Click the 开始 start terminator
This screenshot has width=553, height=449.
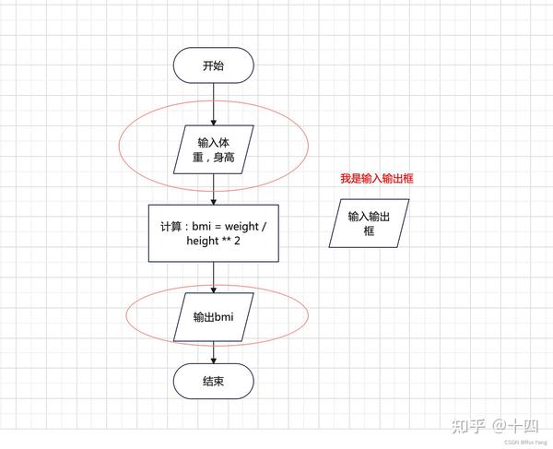pos(214,65)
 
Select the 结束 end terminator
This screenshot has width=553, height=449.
pos(214,382)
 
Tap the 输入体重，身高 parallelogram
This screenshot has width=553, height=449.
pos(214,149)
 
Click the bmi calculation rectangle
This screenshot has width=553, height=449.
pos(214,233)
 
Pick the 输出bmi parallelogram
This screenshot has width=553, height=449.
pos(214,317)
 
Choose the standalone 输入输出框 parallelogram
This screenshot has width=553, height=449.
pos(369,223)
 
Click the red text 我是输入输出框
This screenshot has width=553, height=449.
pos(377,179)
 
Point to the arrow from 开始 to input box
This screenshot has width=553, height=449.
pos(214,104)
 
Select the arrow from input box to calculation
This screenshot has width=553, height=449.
pos(214,189)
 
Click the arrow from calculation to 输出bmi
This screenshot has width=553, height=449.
pos(214,278)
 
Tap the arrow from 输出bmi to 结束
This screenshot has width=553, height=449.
pos(214,352)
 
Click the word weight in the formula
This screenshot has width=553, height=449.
pos(241,227)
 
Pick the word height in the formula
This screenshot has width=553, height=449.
pos(203,242)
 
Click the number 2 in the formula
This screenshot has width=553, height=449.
pos(238,241)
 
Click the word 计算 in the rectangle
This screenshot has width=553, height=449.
pos(171,227)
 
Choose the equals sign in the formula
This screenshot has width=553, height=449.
pos(218,227)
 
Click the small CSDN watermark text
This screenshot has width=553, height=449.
pos(525,442)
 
